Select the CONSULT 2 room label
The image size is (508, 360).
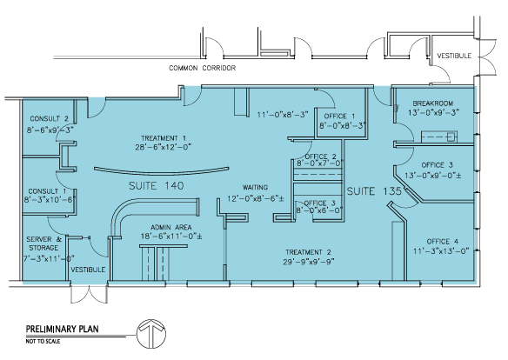point(50,118)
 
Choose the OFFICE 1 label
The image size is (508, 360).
point(340,116)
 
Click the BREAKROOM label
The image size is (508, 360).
point(433,104)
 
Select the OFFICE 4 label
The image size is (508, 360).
point(445,241)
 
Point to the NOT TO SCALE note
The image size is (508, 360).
point(41,343)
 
